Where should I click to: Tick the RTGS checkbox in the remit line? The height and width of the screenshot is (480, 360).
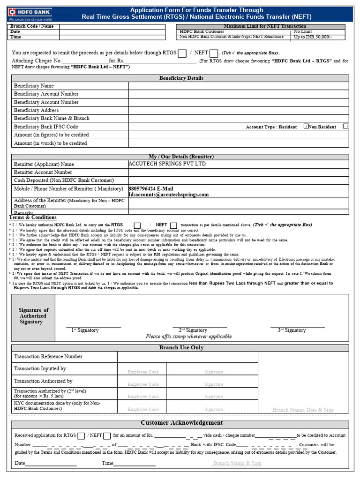click(x=182, y=53)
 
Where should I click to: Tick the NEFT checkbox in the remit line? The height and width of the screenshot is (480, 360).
click(x=214, y=53)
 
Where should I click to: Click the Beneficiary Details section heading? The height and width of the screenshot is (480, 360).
click(x=181, y=78)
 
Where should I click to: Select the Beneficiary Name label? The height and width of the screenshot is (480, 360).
click(x=34, y=86)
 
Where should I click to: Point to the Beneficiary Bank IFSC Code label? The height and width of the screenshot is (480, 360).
click(x=46, y=127)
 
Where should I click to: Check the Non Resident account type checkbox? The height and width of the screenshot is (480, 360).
click(x=345, y=127)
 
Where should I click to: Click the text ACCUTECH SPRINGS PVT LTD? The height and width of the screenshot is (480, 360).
click(x=167, y=164)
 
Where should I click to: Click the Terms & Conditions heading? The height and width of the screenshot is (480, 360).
click(x=33, y=217)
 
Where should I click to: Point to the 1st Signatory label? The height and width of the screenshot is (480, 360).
click(x=85, y=330)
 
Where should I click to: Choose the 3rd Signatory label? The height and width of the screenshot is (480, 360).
click(x=292, y=330)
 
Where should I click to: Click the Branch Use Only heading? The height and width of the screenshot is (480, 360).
click(x=181, y=347)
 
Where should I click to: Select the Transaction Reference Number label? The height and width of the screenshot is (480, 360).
click(x=48, y=357)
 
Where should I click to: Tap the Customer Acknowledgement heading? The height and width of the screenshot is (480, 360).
click(x=182, y=423)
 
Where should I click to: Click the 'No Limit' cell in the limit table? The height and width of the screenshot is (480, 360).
click(x=303, y=32)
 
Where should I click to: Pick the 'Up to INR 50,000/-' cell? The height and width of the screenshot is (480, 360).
click(x=313, y=37)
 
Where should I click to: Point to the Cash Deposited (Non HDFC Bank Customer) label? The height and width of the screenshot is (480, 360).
click(x=64, y=180)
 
